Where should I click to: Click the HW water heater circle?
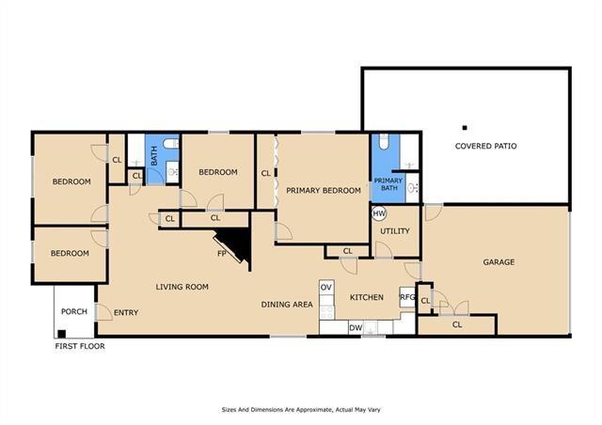pyautogui.click(x=379, y=213)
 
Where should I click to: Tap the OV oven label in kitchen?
pyautogui.click(x=326, y=287)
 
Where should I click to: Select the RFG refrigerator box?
pyautogui.click(x=407, y=297)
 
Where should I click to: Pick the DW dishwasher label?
pyautogui.click(x=356, y=328)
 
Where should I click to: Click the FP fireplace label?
pyautogui.click(x=222, y=253)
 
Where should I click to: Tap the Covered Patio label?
pyautogui.click(x=485, y=146)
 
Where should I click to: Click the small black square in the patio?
pyautogui.click(x=465, y=128)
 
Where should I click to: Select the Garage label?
pyautogui.click(x=499, y=261)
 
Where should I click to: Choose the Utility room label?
pyautogui.click(x=395, y=230)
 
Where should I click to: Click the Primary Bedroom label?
pyautogui.click(x=324, y=191)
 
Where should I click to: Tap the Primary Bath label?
pyautogui.click(x=388, y=184)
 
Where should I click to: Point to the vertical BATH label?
pyautogui.click(x=154, y=156)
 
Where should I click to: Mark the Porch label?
pyautogui.click(x=74, y=311)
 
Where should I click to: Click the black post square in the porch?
pyautogui.click(x=62, y=333)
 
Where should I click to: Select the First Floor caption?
pyautogui.click(x=80, y=346)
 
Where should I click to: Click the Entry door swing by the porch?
pyautogui.click(x=103, y=312)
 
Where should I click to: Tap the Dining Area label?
pyautogui.click(x=287, y=305)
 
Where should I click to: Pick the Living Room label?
pyautogui.click(x=182, y=287)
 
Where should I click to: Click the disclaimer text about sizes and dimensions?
pyautogui.click(x=301, y=410)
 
